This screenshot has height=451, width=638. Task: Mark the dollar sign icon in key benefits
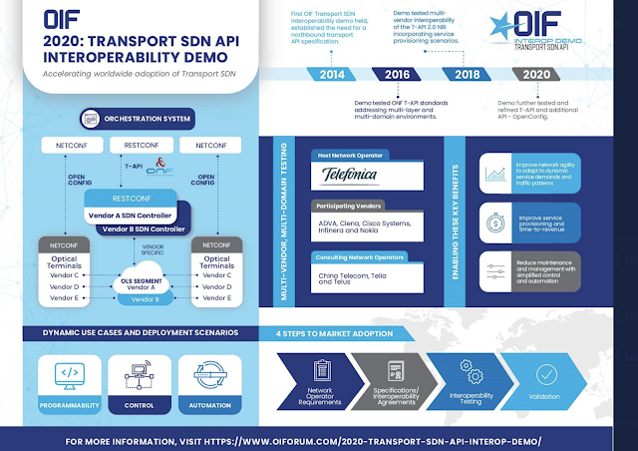495,221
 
